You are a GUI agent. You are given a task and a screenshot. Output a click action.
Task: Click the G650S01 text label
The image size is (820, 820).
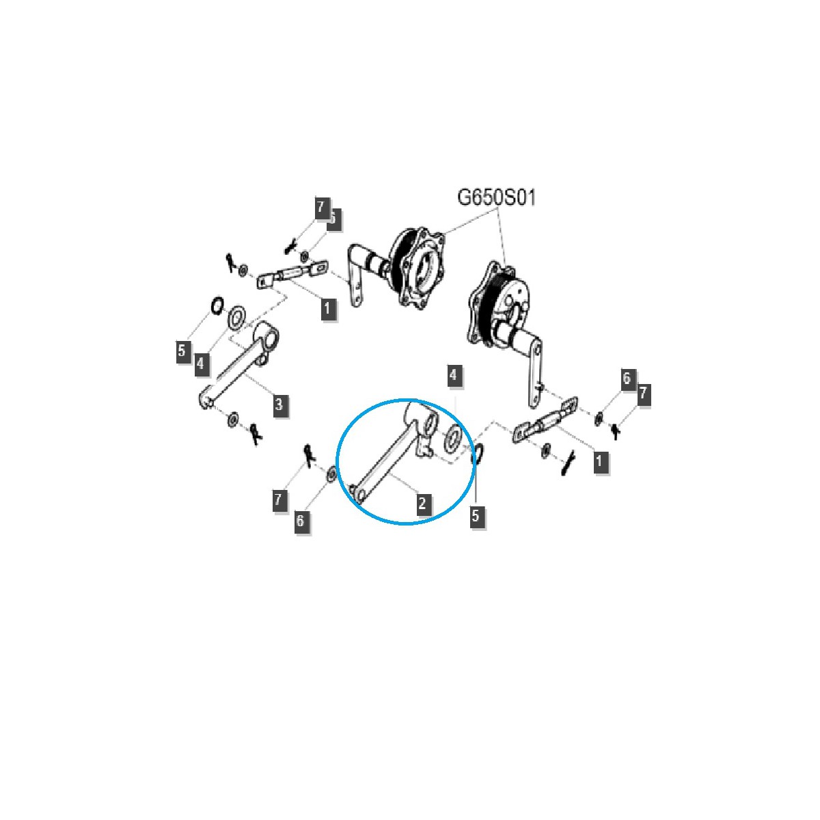click(x=497, y=198)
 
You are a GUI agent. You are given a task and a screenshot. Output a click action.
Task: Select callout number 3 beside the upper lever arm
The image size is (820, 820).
click(x=279, y=405)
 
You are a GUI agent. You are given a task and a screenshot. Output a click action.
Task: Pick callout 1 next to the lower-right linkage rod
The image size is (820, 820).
click(x=599, y=461)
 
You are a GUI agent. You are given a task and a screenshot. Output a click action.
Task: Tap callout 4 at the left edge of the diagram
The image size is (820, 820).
click(x=200, y=363)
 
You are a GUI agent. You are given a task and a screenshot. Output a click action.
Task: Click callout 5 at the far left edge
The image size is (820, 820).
click(x=181, y=351)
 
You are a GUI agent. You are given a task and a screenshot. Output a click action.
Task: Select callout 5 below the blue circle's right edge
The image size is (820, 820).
click(x=476, y=515)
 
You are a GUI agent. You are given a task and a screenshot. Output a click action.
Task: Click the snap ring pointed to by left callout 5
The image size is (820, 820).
click(x=217, y=305)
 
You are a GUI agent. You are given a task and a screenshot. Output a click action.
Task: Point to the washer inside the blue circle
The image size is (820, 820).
click(x=452, y=439)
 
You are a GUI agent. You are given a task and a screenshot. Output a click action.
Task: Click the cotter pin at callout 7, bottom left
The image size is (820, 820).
click(x=308, y=452)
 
